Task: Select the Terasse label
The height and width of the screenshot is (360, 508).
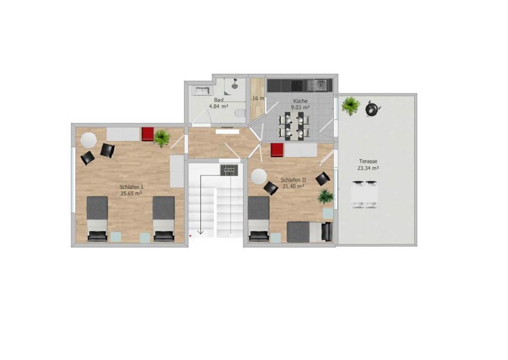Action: point(367,161)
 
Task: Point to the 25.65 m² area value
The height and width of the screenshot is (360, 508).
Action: point(131,194)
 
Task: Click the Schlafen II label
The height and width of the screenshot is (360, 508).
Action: point(293,179)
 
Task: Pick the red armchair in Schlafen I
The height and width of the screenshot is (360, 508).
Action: point(147,133)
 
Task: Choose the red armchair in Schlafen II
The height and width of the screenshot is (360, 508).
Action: point(277,150)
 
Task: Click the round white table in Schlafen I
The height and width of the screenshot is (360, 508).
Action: point(88,139)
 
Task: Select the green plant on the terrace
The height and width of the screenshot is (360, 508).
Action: point(350,106)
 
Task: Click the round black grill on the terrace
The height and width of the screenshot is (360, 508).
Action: point(373,109)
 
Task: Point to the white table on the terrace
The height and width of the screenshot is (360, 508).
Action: point(365,194)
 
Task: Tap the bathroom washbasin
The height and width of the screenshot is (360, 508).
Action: point(202,91)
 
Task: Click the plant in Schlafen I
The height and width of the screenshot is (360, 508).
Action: point(162,138)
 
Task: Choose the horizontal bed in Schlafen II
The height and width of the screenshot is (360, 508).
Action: point(309,231)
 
